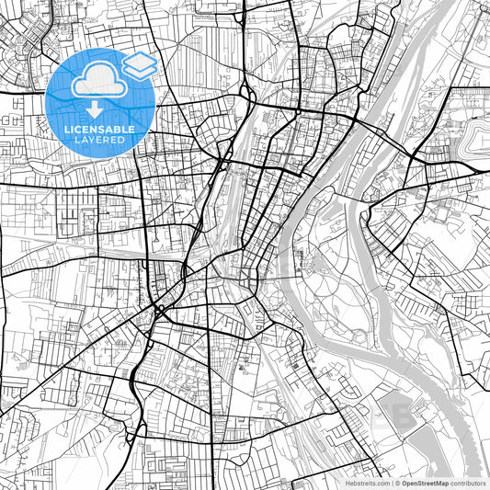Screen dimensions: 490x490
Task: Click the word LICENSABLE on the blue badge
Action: coord(101,130)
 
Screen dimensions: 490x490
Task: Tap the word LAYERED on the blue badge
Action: coord(101,140)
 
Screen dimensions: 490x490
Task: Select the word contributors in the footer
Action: coord(468,483)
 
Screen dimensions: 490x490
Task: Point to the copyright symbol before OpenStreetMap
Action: coord(396,483)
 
